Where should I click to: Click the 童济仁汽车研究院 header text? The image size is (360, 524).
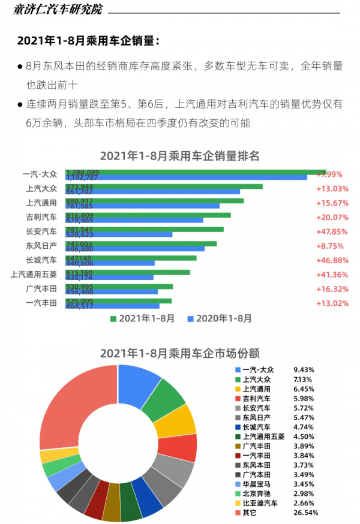pos(57,10)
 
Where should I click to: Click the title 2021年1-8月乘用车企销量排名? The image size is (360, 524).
pos(179,156)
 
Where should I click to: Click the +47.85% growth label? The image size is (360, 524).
pos(332,231)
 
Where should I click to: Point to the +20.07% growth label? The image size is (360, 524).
pos(332,217)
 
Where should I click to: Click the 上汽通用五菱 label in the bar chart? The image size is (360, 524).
pos(34,275)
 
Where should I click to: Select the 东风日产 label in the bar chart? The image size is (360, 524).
pos(41,246)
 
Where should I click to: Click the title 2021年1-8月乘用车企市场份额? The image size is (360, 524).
pos(179,353)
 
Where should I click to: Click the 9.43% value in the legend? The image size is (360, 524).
pos(303,370)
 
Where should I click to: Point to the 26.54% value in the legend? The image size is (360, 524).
pos(305,513)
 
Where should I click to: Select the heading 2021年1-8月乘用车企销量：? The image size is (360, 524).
pos(88,41)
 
